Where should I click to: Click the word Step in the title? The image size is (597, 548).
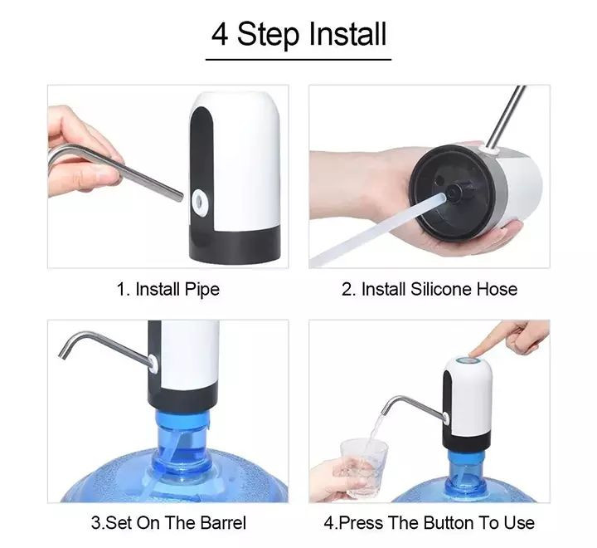click(x=269, y=35)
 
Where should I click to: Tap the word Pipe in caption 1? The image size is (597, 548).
click(x=202, y=290)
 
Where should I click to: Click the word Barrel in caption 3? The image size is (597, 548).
click(x=223, y=522)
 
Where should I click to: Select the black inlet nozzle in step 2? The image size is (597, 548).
click(x=459, y=191)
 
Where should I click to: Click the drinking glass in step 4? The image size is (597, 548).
click(x=364, y=468)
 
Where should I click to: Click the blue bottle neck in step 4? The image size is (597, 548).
click(x=467, y=469)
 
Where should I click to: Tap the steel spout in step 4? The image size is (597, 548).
click(x=413, y=407)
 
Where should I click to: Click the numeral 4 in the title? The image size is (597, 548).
click(x=220, y=35)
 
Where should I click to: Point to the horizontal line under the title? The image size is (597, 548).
click(x=298, y=60)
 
